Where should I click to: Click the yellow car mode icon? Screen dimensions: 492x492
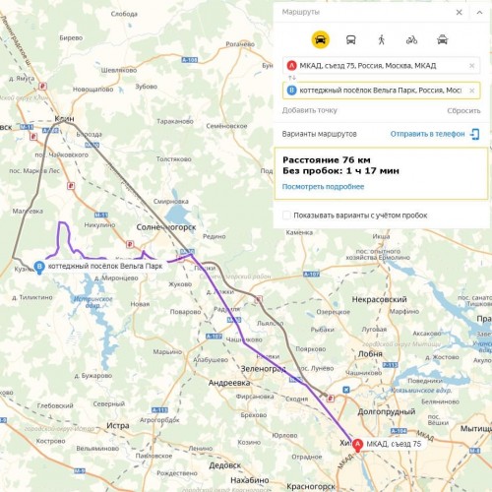(x=321, y=39)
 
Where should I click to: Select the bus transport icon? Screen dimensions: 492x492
(x=351, y=39)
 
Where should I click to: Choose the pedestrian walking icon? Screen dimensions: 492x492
(x=382, y=39)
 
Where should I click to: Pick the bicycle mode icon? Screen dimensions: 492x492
(x=412, y=39)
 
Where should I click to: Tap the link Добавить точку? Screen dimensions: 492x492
(x=309, y=110)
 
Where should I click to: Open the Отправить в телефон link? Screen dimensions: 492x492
(x=427, y=133)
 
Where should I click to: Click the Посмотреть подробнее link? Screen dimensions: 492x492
(x=323, y=186)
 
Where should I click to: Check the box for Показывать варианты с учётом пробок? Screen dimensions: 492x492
(x=286, y=215)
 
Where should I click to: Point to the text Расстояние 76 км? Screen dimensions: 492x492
(x=326, y=159)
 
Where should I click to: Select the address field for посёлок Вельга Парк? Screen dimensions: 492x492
(x=380, y=90)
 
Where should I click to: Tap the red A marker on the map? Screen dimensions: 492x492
(x=357, y=444)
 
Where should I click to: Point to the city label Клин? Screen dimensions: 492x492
(x=66, y=118)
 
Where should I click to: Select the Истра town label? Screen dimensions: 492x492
(x=119, y=425)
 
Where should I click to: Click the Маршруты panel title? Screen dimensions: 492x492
(x=300, y=14)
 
